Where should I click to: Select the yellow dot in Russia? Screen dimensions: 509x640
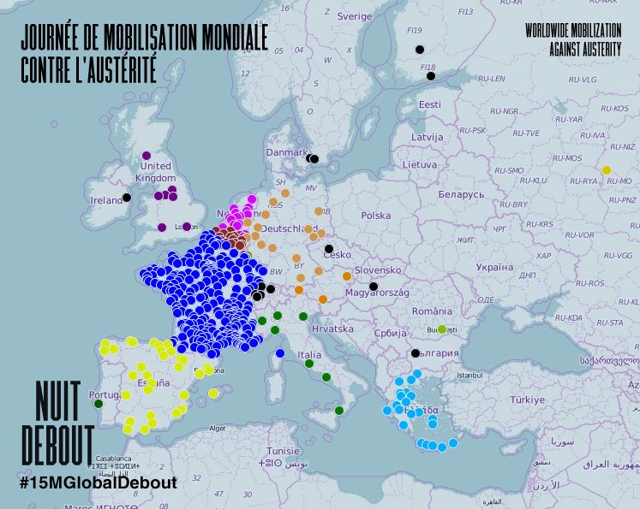[607, 170]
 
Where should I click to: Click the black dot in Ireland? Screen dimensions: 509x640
[127, 198]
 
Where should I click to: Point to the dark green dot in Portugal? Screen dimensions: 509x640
[99, 404]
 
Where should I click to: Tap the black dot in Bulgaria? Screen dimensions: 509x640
[416, 353]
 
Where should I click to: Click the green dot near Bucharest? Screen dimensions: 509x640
[442, 329]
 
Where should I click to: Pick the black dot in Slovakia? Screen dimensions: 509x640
[374, 286]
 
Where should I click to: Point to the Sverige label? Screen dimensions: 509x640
[355, 16]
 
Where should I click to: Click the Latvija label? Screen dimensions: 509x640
[427, 137]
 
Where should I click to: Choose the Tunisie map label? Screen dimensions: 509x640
[283, 451]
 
